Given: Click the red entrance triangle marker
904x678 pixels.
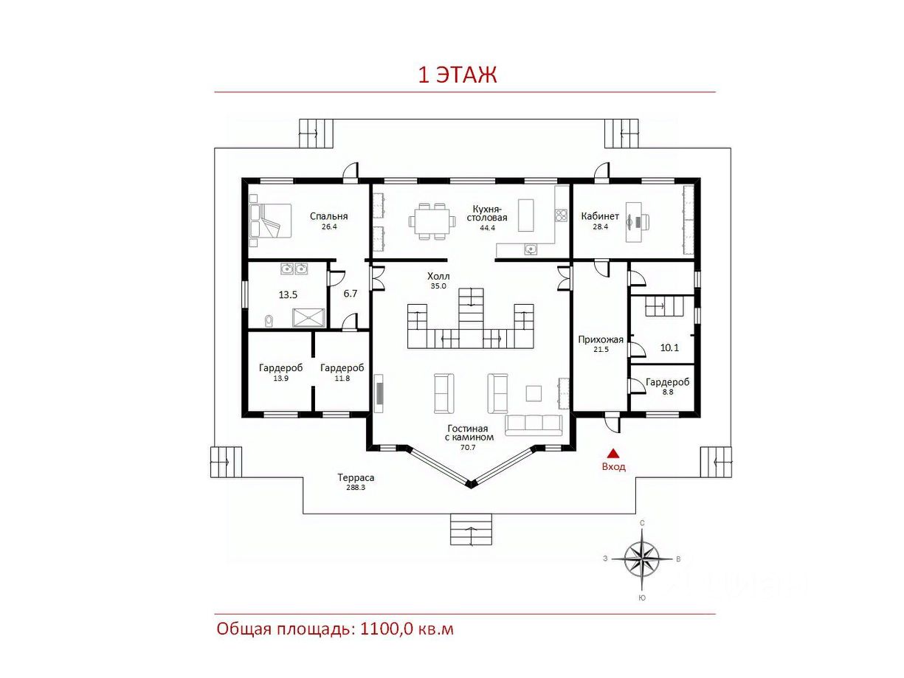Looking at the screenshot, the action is (614, 453).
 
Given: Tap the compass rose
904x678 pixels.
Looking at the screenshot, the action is (641, 558).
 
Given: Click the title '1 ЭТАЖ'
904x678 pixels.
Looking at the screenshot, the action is (458, 75).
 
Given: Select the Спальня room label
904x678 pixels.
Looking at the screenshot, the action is (328, 216).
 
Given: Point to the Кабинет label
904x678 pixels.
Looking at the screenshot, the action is (600, 216).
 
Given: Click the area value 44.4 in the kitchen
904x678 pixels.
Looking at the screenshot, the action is (488, 228).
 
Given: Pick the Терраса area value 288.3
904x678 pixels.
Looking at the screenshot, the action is (356, 488).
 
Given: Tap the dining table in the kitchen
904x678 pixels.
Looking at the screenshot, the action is (432, 221).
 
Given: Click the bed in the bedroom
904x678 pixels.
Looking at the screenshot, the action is (271, 221).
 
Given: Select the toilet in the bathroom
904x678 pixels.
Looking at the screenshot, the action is (269, 320).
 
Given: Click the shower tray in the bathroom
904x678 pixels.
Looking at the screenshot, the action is (308, 318).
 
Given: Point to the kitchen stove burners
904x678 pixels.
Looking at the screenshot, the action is (560, 215).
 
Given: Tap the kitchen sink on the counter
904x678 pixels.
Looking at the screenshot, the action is (531, 249).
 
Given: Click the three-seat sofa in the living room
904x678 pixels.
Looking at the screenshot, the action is (534, 425).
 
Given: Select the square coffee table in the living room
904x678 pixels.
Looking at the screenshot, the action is (534, 392).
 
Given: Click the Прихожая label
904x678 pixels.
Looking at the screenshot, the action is (601, 339).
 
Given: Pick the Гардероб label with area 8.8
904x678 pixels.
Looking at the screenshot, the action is (667, 382).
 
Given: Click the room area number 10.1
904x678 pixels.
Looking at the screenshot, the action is (669, 347).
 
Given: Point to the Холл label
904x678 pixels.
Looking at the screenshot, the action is (438, 276).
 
